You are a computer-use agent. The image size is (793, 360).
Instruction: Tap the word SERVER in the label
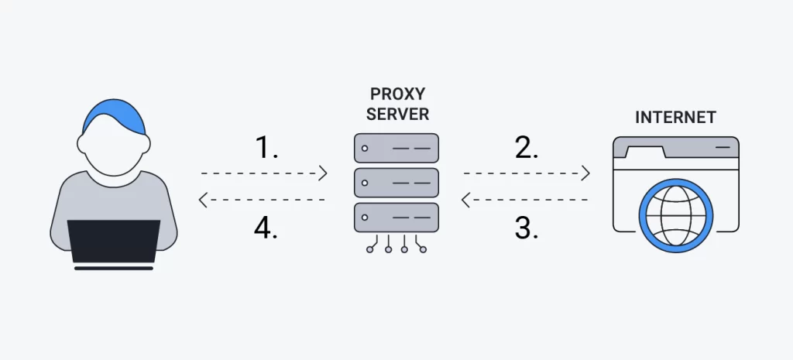396,115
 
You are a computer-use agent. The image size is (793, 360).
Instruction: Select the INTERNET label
675,118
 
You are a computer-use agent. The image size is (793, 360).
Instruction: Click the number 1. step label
267,148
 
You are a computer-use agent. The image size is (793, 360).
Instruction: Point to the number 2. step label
527,148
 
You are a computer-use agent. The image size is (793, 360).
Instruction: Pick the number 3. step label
527,228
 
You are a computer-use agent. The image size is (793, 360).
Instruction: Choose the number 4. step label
267,228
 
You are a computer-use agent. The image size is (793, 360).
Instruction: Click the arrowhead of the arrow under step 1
323,173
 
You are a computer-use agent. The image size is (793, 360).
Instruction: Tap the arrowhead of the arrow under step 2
585,173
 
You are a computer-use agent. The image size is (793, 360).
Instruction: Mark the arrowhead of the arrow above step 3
466,201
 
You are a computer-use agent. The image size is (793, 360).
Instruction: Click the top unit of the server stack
396,147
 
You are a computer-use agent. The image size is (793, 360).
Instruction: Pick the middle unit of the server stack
396,182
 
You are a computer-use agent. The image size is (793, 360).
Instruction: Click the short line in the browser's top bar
721,145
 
